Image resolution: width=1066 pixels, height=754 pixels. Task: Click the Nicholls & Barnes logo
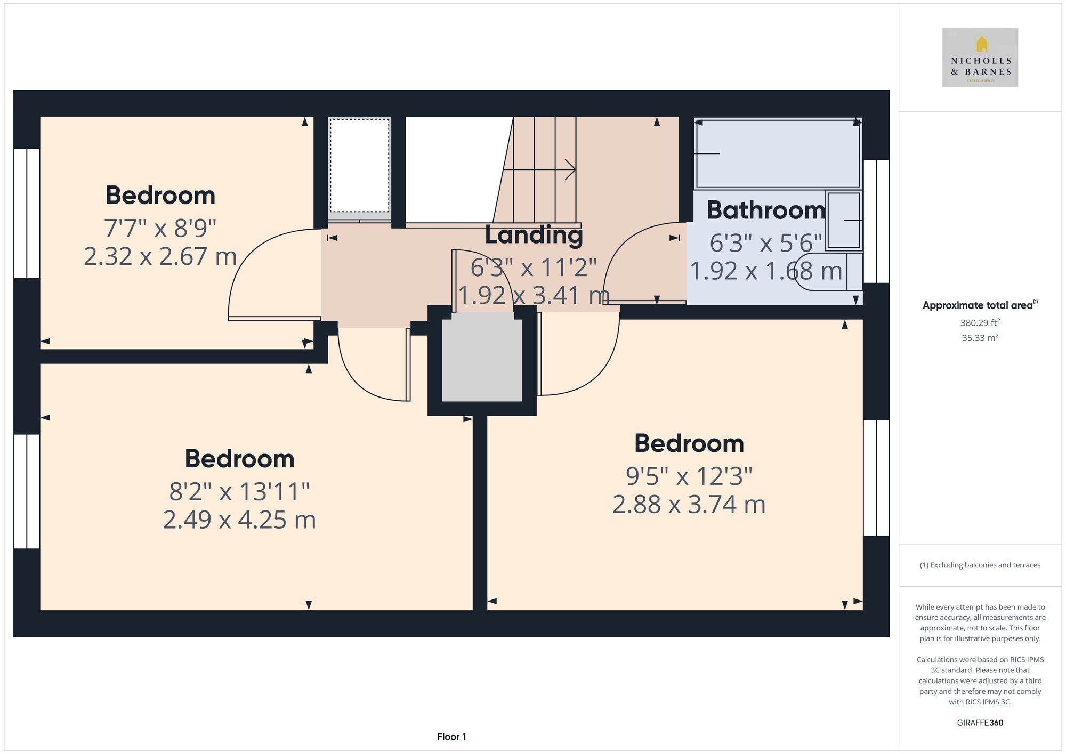pyautogui.click(x=980, y=58)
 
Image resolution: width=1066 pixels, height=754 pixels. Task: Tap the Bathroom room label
pyautogui.click(x=765, y=210)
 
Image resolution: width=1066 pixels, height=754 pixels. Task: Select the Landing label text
pyautogui.click(x=534, y=235)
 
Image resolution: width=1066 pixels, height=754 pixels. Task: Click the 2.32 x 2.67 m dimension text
pyautogui.click(x=160, y=257)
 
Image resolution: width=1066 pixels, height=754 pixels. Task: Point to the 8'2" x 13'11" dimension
pyautogui.click(x=239, y=491)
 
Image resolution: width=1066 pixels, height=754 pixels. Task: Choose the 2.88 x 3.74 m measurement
pyautogui.click(x=689, y=505)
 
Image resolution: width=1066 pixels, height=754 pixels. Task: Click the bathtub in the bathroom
pyautogui.click(x=777, y=153)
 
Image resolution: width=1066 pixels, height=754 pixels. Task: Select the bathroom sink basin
pyautogui.click(x=844, y=220)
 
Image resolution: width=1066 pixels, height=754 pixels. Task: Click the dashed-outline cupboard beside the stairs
pyautogui.click(x=359, y=166)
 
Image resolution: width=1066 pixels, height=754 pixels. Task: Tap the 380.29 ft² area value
pyautogui.click(x=980, y=323)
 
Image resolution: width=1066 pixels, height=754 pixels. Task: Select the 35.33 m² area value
pyautogui.click(x=980, y=338)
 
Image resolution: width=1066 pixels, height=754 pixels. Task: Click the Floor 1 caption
pyautogui.click(x=451, y=737)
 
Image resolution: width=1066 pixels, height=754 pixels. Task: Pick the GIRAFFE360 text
pyautogui.click(x=980, y=723)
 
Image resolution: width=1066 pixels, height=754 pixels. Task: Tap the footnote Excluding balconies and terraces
pyautogui.click(x=980, y=565)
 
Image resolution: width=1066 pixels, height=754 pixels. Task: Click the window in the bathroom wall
pyautogui.click(x=876, y=221)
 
